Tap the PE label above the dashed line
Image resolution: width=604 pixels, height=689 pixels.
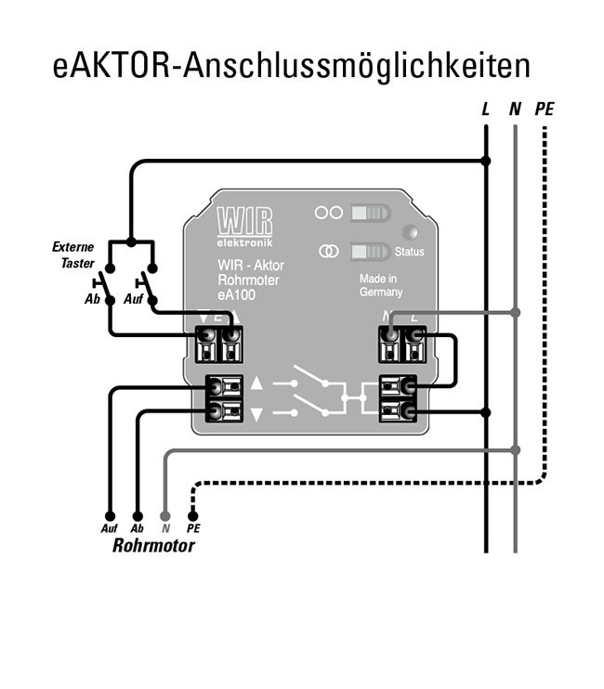coord(544,110)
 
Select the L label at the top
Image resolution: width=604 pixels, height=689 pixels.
coord(485,110)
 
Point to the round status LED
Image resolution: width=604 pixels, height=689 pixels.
coord(409,232)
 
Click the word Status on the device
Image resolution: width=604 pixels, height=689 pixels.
coord(409,253)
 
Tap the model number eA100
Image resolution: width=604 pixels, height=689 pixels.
coord(237,294)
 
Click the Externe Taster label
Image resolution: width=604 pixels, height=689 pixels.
coord(72,254)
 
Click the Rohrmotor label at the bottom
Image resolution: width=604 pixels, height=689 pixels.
coord(153,545)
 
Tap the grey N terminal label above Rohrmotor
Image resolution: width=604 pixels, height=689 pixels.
coord(165,528)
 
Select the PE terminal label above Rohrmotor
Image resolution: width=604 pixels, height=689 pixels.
coord(193,528)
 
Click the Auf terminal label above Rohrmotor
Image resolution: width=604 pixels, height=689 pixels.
coord(109,528)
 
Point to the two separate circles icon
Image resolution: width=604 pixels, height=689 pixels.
coord(328,213)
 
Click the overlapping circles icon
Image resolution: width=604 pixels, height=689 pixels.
coord(328,252)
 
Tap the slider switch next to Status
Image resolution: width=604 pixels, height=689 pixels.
coord(370,252)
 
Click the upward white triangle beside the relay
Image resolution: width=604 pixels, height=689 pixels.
coord(257,383)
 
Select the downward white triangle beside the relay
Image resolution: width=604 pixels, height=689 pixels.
coord(257,413)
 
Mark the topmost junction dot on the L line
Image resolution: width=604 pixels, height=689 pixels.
coord(485,161)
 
